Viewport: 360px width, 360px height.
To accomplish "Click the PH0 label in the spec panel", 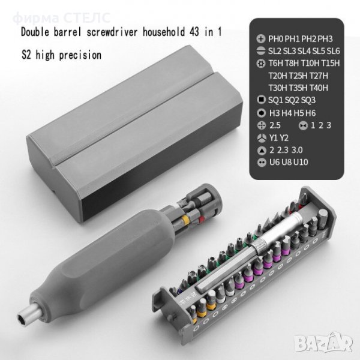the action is click(276, 39).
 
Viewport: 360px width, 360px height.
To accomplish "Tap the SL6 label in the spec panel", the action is click(333, 51).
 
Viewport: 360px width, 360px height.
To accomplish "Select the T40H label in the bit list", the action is click(319, 88).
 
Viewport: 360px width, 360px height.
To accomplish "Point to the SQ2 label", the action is click(292, 100).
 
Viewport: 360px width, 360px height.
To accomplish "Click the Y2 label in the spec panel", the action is click(284, 138).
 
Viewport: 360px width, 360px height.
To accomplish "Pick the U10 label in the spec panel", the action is click(301, 162).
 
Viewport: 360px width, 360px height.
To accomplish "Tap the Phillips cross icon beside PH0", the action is click(261, 39).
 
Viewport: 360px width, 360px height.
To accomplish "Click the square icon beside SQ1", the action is click(261, 100).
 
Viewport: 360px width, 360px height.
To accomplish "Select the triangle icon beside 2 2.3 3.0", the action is click(261, 151).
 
